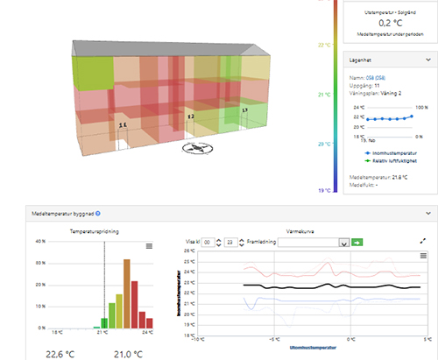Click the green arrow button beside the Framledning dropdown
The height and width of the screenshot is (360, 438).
[357, 242]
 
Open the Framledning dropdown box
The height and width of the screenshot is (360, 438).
[313, 242]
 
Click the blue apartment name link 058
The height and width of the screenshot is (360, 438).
[372, 78]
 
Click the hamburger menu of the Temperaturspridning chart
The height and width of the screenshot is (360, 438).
[149, 247]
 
